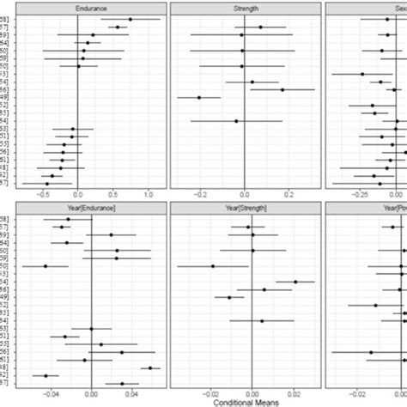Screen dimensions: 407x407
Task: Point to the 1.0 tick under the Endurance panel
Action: pyautogui.click(x=148, y=193)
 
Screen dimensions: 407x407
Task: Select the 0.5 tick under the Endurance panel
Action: pyautogui.click(x=113, y=193)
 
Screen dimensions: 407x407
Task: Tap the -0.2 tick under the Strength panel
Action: pyautogui.click(x=198, y=193)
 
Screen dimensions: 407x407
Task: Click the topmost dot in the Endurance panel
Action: pyautogui.click(x=131, y=19)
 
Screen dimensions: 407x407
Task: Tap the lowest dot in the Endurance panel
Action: pyautogui.click(x=46, y=183)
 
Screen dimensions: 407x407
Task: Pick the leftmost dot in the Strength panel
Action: pyautogui.click(x=199, y=97)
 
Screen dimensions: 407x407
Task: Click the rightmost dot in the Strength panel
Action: pyautogui.click(x=282, y=89)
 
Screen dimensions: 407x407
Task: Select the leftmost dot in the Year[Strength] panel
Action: pyautogui.click(x=213, y=266)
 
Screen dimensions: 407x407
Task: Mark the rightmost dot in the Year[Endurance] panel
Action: pyautogui.click(x=150, y=368)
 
